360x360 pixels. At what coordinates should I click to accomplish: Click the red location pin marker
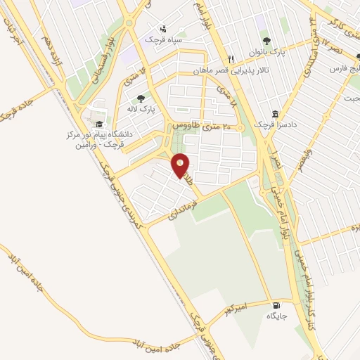tap(181, 166)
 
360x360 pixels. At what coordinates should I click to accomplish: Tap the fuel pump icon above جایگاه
tap(274, 306)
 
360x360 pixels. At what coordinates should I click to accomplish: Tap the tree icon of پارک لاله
tap(141, 99)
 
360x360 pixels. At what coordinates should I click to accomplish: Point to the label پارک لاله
tap(141, 110)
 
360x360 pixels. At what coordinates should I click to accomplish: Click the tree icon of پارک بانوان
tap(265, 40)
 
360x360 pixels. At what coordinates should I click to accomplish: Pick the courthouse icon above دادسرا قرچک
tap(274, 114)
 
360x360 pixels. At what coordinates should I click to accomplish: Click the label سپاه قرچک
tap(163, 39)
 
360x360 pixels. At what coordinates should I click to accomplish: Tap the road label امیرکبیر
tap(235, 309)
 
